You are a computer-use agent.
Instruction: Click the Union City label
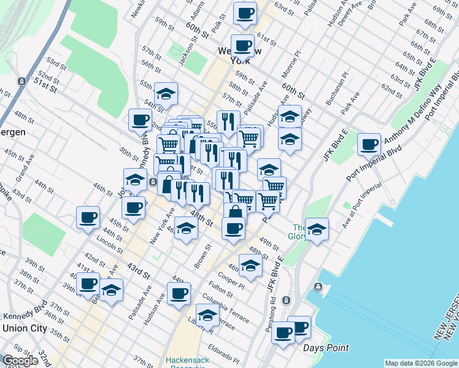[x=25, y=328]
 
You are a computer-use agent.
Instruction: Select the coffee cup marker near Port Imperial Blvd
[x=369, y=145]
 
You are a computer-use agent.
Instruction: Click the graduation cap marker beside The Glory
[x=317, y=230]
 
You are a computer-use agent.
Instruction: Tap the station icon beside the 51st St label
[x=21, y=81]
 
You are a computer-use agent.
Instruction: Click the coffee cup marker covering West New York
[x=244, y=45]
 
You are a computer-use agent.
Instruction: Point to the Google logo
[x=21, y=361]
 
